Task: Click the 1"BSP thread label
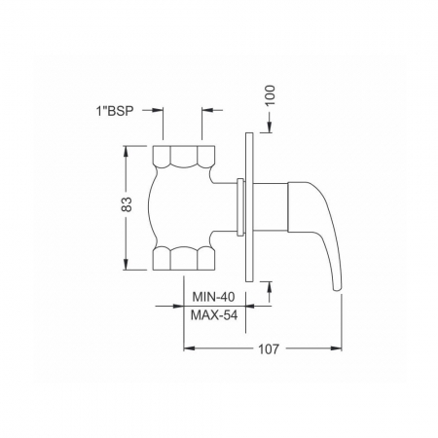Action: [x=115, y=111]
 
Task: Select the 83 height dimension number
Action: [x=127, y=204]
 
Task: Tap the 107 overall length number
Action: [x=269, y=349]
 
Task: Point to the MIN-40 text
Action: [x=213, y=297]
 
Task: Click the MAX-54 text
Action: [x=214, y=315]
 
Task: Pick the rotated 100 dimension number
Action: [x=270, y=94]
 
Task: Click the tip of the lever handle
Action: [x=338, y=290]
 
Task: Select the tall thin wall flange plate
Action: [x=249, y=207]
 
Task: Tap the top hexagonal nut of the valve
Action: [x=184, y=157]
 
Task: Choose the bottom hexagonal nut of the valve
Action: [x=184, y=258]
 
